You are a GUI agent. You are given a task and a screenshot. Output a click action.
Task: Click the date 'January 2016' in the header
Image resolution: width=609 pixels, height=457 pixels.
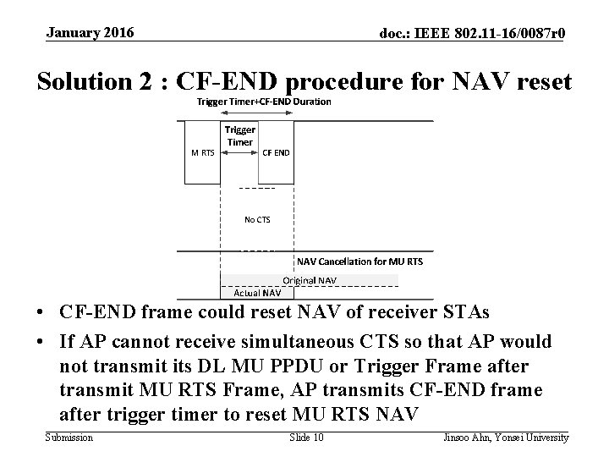91,33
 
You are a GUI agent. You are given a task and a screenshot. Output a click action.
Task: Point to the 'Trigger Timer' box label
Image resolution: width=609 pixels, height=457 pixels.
240,136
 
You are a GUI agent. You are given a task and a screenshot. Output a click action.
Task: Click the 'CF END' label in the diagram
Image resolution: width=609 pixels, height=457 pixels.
276,153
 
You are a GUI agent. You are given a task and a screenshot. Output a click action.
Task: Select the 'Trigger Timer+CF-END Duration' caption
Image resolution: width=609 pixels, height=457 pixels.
264,102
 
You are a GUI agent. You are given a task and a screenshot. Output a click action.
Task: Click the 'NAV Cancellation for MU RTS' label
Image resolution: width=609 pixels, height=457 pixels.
359,262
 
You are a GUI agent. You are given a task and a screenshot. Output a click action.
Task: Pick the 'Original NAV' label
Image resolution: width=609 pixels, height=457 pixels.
310,279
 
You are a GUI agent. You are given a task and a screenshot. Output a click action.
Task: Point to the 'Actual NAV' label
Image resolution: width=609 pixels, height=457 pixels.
257,293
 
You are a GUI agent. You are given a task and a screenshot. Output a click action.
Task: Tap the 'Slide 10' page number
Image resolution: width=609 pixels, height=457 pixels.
306,438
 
